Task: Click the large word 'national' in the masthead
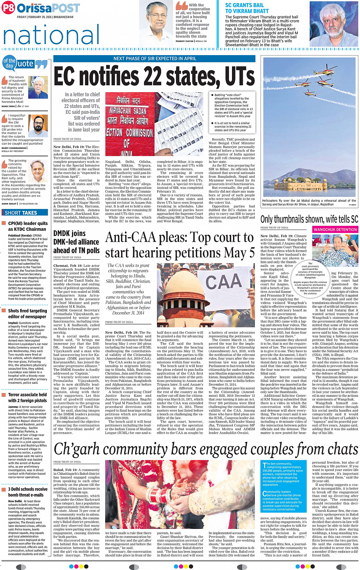click(51, 35)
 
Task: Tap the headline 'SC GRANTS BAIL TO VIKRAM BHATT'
click(247, 8)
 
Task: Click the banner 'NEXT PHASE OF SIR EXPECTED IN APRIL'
click(155, 59)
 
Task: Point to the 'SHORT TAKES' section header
click(21, 213)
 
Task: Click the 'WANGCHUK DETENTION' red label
click(335, 230)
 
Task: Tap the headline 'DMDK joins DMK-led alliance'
click(76, 241)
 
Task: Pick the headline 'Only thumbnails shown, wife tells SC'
click(309, 219)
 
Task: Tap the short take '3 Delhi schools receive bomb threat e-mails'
click(28, 492)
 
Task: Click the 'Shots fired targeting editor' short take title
click(27, 313)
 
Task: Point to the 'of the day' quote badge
click(9, 63)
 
